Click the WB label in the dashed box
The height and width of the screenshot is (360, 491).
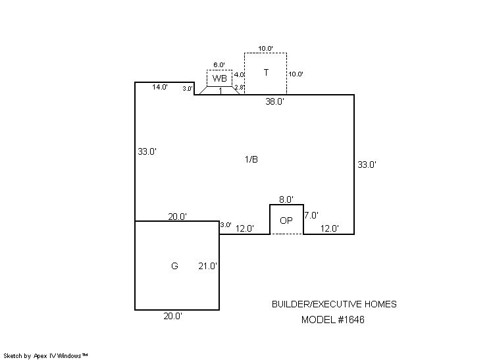pyautogui.click(x=219, y=78)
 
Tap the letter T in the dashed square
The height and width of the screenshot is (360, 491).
pyautogui.click(x=266, y=72)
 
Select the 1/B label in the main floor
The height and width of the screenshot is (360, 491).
pyautogui.click(x=251, y=159)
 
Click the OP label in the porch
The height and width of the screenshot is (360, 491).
pyautogui.click(x=286, y=220)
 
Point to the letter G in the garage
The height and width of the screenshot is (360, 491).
pyautogui.click(x=174, y=266)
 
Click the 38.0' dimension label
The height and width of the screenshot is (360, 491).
pyautogui.click(x=274, y=101)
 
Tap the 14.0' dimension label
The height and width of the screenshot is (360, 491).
pyautogui.click(x=159, y=87)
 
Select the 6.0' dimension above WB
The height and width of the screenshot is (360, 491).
pyautogui.click(x=219, y=64)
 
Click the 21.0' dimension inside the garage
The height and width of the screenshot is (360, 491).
pyautogui.click(x=208, y=266)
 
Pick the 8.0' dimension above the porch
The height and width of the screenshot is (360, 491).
pyautogui.click(x=286, y=199)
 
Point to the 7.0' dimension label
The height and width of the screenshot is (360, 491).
pyautogui.click(x=311, y=215)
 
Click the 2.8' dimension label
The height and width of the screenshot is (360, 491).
pyautogui.click(x=239, y=88)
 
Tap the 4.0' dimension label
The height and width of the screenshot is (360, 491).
pyautogui.click(x=239, y=75)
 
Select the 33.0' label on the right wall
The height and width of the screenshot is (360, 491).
pyautogui.click(x=367, y=165)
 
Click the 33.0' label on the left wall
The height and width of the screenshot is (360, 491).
pyautogui.click(x=147, y=151)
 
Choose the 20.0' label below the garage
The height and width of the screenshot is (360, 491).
pyautogui.click(x=172, y=316)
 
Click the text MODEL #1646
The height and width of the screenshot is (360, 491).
pyautogui.click(x=332, y=320)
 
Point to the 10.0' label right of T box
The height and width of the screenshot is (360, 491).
pyautogui.click(x=296, y=74)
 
